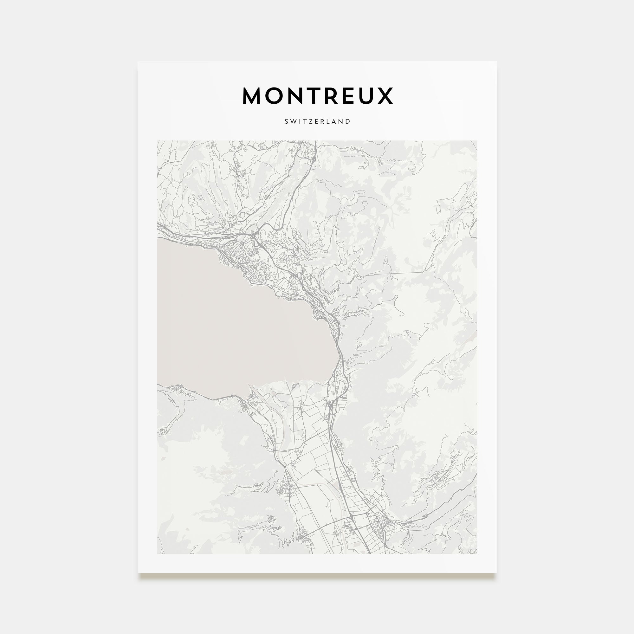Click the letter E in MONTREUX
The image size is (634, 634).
tap(346, 96)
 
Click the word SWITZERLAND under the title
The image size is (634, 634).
tap(317, 121)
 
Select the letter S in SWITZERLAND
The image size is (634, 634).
tap(286, 121)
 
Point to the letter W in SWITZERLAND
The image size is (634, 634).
tap(293, 121)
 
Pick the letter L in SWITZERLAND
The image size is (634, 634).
tap(330, 121)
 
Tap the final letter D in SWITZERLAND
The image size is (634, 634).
tap(348, 121)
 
